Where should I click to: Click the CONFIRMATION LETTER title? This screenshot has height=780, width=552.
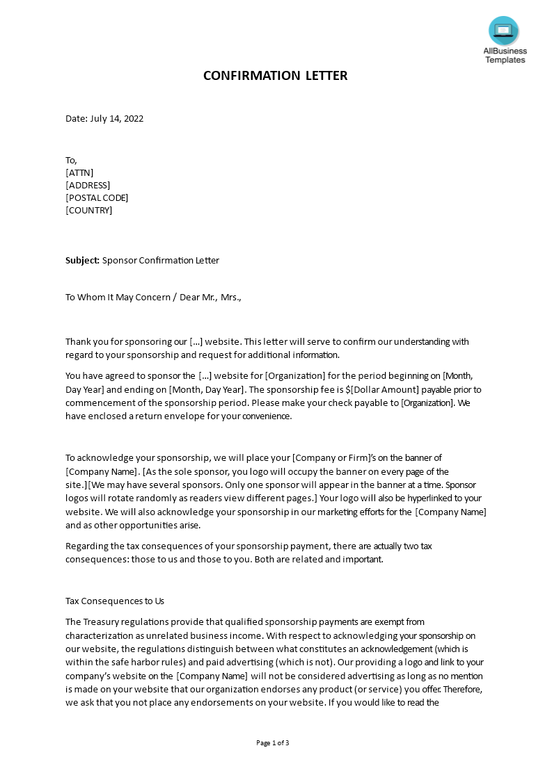(275, 76)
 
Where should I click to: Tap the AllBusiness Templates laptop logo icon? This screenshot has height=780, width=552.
(504, 31)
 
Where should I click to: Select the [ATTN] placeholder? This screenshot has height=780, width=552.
(79, 172)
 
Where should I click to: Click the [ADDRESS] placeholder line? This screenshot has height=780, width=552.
(88, 185)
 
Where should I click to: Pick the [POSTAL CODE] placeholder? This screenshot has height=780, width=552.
(97, 197)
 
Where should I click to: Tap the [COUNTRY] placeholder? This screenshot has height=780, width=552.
(88, 210)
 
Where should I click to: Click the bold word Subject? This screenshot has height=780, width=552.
(83, 261)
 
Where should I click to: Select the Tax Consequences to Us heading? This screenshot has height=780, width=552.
(115, 601)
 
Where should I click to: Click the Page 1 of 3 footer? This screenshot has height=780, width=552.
(273, 742)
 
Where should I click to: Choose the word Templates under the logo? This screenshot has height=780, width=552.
(505, 60)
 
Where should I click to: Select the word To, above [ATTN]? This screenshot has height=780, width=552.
(71, 160)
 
